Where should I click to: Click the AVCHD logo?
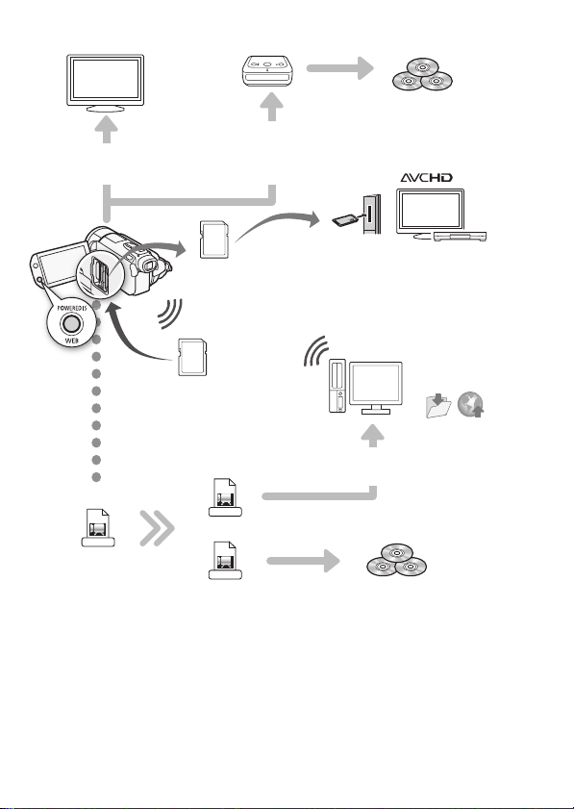(x=427, y=178)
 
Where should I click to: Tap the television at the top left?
(x=105, y=83)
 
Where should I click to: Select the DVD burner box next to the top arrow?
(x=267, y=71)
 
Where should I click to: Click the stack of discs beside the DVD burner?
(x=422, y=74)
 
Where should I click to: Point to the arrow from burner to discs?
(x=340, y=68)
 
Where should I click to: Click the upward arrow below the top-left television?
(x=106, y=129)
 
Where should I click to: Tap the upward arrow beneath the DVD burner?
(x=272, y=108)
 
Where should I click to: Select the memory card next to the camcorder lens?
(x=214, y=240)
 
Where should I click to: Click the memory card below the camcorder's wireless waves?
(x=192, y=357)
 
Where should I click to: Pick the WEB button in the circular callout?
(x=71, y=323)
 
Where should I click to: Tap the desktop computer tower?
(x=337, y=386)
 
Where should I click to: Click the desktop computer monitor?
(x=375, y=388)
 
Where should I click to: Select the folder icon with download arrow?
(x=438, y=405)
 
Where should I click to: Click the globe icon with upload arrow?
(x=471, y=404)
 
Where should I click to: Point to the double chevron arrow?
(x=158, y=528)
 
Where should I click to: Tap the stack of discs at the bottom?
(x=396, y=560)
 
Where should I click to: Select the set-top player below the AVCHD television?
(x=460, y=237)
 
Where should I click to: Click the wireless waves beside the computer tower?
(x=316, y=351)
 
